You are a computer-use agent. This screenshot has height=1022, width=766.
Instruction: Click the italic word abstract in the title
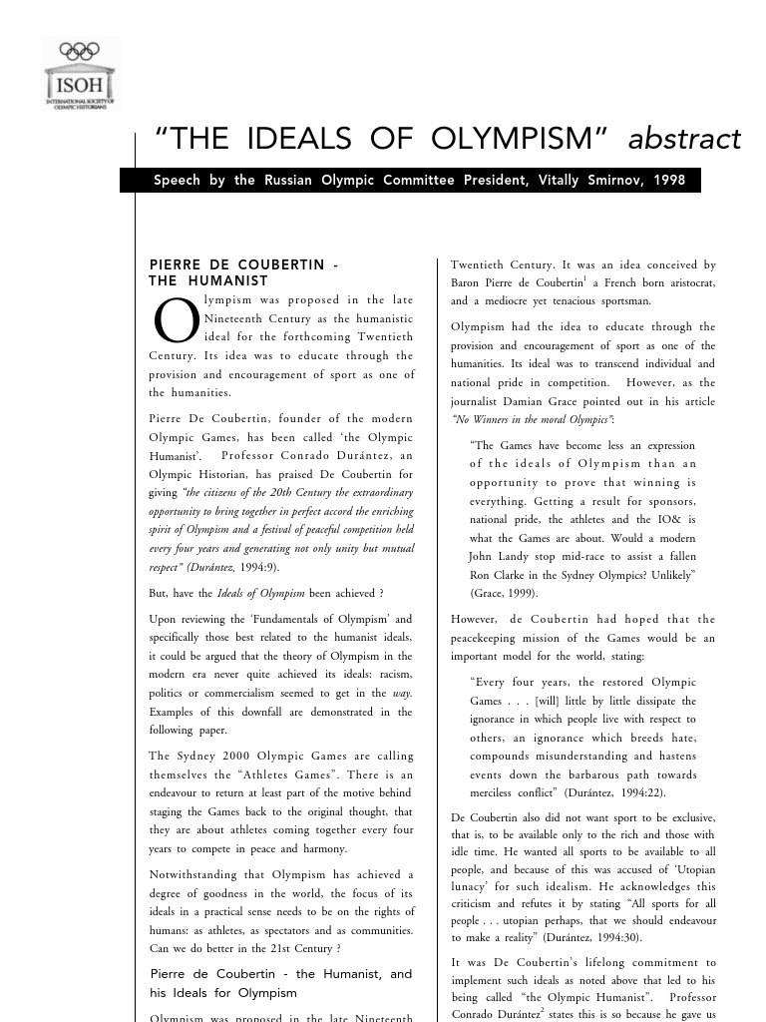click(684, 139)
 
